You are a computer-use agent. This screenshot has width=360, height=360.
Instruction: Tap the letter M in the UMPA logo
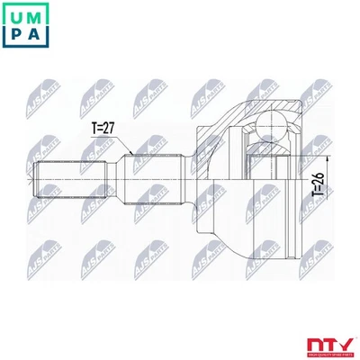pyautogui.click(x=37, y=14)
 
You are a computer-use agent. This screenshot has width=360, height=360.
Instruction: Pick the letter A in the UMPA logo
pyautogui.click(x=37, y=35)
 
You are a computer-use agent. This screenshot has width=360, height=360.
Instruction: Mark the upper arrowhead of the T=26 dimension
pyautogui.click(x=323, y=154)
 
